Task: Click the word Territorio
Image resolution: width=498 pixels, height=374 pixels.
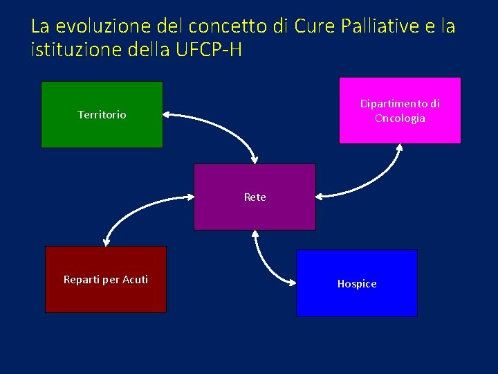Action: pyautogui.click(x=102, y=115)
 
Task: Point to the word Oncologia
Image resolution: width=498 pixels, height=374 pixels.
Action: pyautogui.click(x=400, y=118)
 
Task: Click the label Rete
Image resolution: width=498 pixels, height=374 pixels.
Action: pyautogui.click(x=255, y=197)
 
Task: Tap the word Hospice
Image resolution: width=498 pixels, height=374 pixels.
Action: pyautogui.click(x=357, y=284)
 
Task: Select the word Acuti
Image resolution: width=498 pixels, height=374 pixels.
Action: pyautogui.click(x=135, y=280)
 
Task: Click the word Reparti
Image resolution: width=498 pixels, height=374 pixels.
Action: pyautogui.click(x=82, y=280)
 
